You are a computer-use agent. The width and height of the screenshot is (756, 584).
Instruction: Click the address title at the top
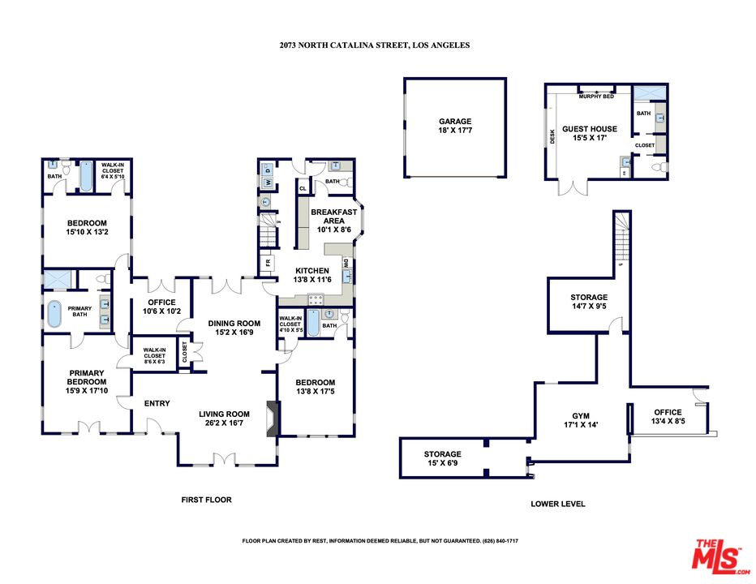[x=374, y=45]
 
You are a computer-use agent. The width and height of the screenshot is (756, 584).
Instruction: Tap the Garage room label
[x=455, y=127]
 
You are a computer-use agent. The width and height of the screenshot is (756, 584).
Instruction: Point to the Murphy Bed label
[x=596, y=97]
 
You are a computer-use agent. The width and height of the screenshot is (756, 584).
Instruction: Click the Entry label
[x=157, y=403]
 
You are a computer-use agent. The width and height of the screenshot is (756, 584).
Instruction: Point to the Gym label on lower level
[x=581, y=419]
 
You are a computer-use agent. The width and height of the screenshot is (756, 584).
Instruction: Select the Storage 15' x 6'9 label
[x=443, y=459]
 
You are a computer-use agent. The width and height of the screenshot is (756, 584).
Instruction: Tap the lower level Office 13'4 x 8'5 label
[x=668, y=417]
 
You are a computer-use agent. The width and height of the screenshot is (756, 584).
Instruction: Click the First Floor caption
[x=206, y=500]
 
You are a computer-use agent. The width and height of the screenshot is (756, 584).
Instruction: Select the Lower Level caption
[x=558, y=504]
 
